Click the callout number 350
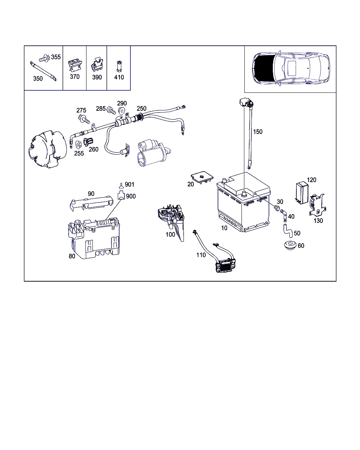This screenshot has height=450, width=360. pos(38,78)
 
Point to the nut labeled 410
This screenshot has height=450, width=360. pos(119,66)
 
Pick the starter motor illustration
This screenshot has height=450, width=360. pos(154,153)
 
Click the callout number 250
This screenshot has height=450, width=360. pos(141,109)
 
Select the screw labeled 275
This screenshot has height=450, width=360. pos(84,119)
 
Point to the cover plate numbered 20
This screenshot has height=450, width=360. pos(202,177)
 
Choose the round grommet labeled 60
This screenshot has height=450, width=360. pos(290,245)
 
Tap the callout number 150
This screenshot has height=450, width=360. pos(257,132)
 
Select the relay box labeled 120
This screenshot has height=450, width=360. pos(302,193)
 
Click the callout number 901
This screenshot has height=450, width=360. pos(129,185)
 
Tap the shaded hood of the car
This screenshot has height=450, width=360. pos(264,68)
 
